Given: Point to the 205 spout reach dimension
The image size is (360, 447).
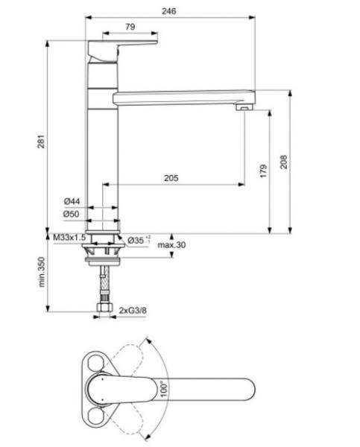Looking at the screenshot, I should tap(170, 177).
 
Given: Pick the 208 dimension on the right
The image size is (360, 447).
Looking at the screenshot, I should tap(282, 162).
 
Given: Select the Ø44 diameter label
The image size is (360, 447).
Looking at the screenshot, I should tap(72, 201).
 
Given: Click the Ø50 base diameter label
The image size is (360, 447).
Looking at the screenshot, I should tap(72, 214).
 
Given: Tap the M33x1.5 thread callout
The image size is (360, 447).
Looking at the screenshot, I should tap(71, 238).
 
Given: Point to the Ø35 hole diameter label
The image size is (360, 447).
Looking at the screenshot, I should tap(139, 240).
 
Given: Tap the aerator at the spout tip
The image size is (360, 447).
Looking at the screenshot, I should tap(242, 109).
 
